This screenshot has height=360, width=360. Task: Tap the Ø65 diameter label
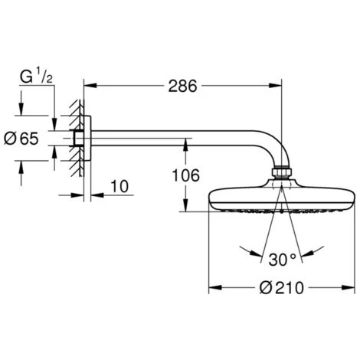click(28, 139)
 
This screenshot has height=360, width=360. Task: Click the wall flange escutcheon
click(87, 139)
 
